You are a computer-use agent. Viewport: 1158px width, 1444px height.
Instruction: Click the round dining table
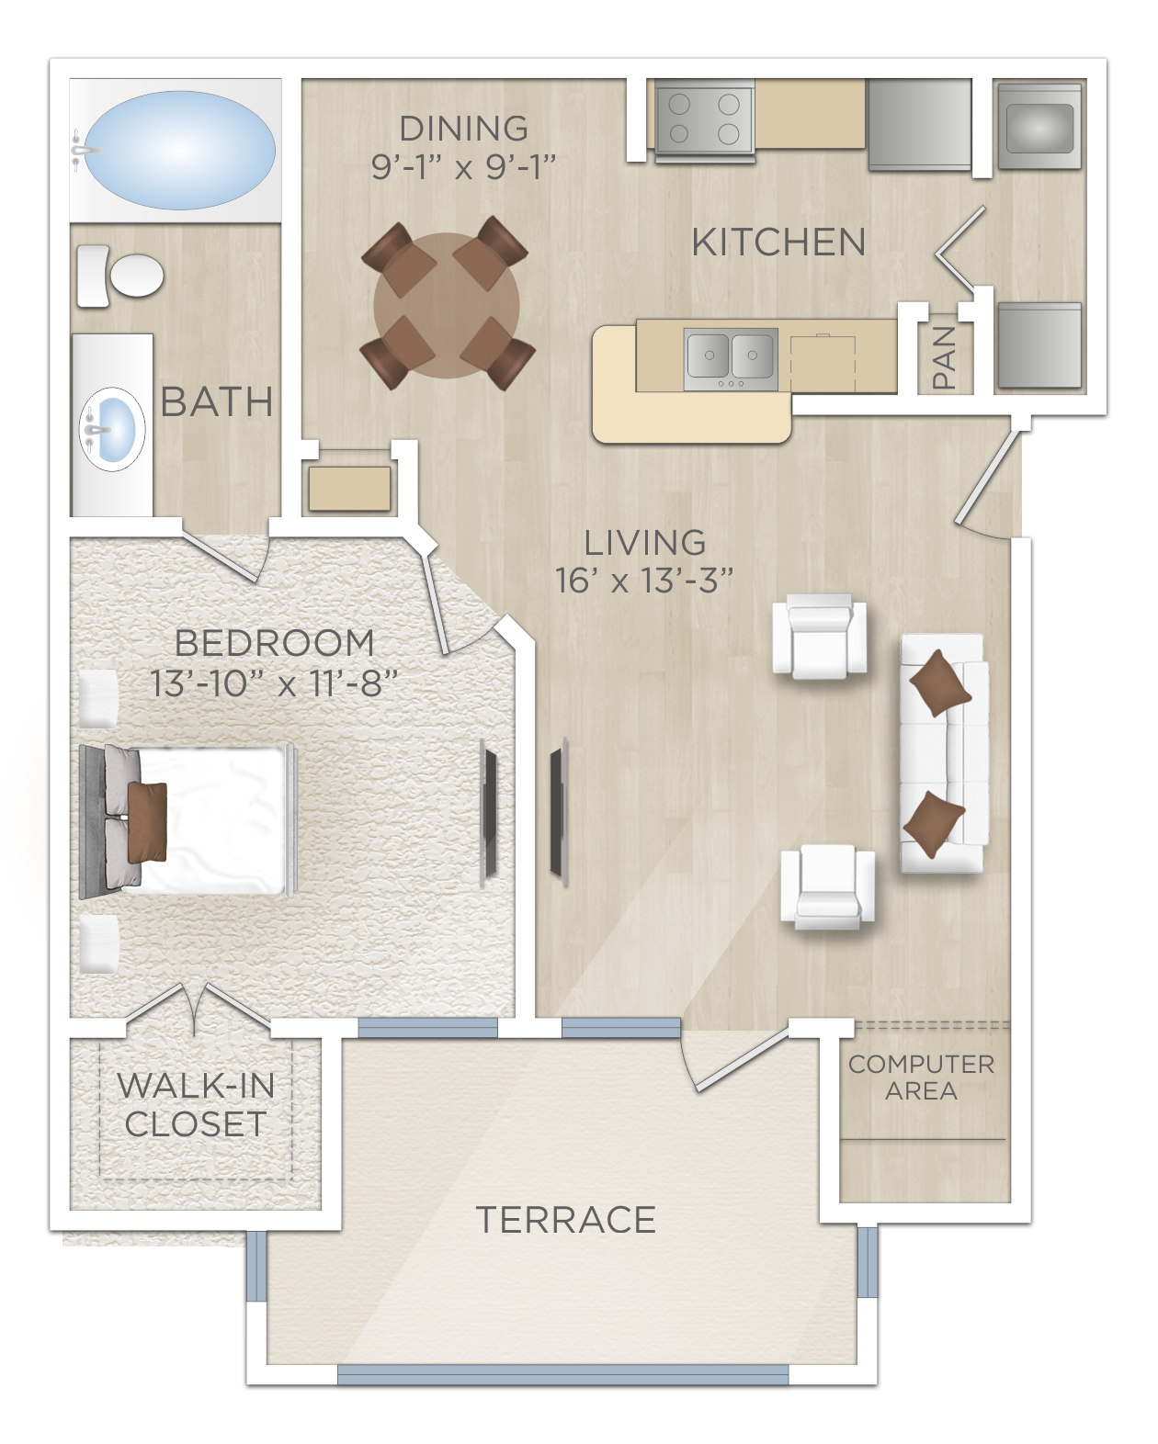(x=447, y=305)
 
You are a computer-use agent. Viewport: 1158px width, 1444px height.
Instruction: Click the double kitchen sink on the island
(x=731, y=354)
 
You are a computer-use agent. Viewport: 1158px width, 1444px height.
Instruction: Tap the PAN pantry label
(x=944, y=357)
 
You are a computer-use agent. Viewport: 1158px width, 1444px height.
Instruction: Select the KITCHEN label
(x=778, y=243)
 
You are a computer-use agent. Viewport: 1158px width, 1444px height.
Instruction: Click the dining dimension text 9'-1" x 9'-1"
(x=464, y=166)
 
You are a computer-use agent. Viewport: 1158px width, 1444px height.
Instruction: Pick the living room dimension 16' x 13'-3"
(x=644, y=580)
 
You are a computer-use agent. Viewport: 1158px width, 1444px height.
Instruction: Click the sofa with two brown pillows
(x=943, y=753)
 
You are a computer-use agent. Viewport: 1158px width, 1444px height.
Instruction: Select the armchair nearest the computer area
(x=827, y=886)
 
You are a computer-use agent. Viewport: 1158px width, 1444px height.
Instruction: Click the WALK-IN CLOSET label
(x=196, y=1104)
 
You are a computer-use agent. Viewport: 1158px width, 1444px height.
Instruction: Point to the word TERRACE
(x=565, y=1220)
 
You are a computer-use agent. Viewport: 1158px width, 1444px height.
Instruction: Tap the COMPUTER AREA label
(x=921, y=1077)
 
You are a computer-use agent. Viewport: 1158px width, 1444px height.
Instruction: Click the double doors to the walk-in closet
(x=197, y=1007)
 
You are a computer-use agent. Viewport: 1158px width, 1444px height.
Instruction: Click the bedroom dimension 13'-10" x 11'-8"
(x=274, y=683)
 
